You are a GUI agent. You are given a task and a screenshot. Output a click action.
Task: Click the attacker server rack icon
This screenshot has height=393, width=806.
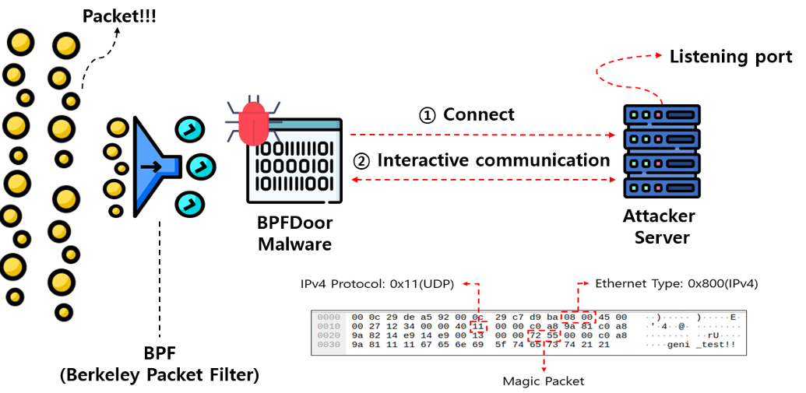tap(658, 151)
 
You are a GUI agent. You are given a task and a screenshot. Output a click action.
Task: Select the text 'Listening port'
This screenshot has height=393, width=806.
tap(730, 56)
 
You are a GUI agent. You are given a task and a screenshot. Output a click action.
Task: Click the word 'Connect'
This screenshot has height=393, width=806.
tap(479, 114)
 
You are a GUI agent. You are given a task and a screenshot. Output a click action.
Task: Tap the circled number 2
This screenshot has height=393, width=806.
tap(361, 161)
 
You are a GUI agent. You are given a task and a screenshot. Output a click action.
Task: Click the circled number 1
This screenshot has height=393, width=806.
tap(428, 115)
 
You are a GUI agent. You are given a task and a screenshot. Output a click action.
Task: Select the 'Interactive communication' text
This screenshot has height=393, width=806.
tap(494, 160)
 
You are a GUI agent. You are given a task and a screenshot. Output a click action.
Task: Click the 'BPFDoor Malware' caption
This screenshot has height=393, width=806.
tap(295, 233)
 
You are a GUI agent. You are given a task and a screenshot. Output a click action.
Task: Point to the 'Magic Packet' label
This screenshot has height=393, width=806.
tap(543, 381)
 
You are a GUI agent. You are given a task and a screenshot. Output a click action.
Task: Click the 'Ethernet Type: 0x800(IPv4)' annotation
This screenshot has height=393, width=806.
tap(677, 283)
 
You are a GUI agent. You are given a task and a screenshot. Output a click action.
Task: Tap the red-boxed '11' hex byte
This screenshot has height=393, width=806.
tap(477, 327)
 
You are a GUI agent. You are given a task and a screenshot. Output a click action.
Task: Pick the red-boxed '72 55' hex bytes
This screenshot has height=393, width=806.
tap(543, 335)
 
